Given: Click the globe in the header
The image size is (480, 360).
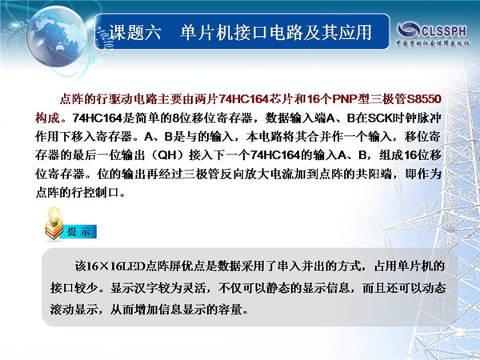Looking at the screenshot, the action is (x=57, y=37).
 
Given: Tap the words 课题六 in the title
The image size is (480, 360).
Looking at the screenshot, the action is (x=135, y=32).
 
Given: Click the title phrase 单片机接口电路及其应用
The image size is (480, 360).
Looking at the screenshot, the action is (x=275, y=32).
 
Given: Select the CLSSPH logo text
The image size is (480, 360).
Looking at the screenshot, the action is (x=444, y=30).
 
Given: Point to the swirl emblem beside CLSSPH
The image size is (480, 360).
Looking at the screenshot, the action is (x=409, y=30).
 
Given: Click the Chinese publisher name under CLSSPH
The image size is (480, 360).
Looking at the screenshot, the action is (x=433, y=43).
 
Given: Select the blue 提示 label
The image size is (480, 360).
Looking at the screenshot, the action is (x=78, y=232).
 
